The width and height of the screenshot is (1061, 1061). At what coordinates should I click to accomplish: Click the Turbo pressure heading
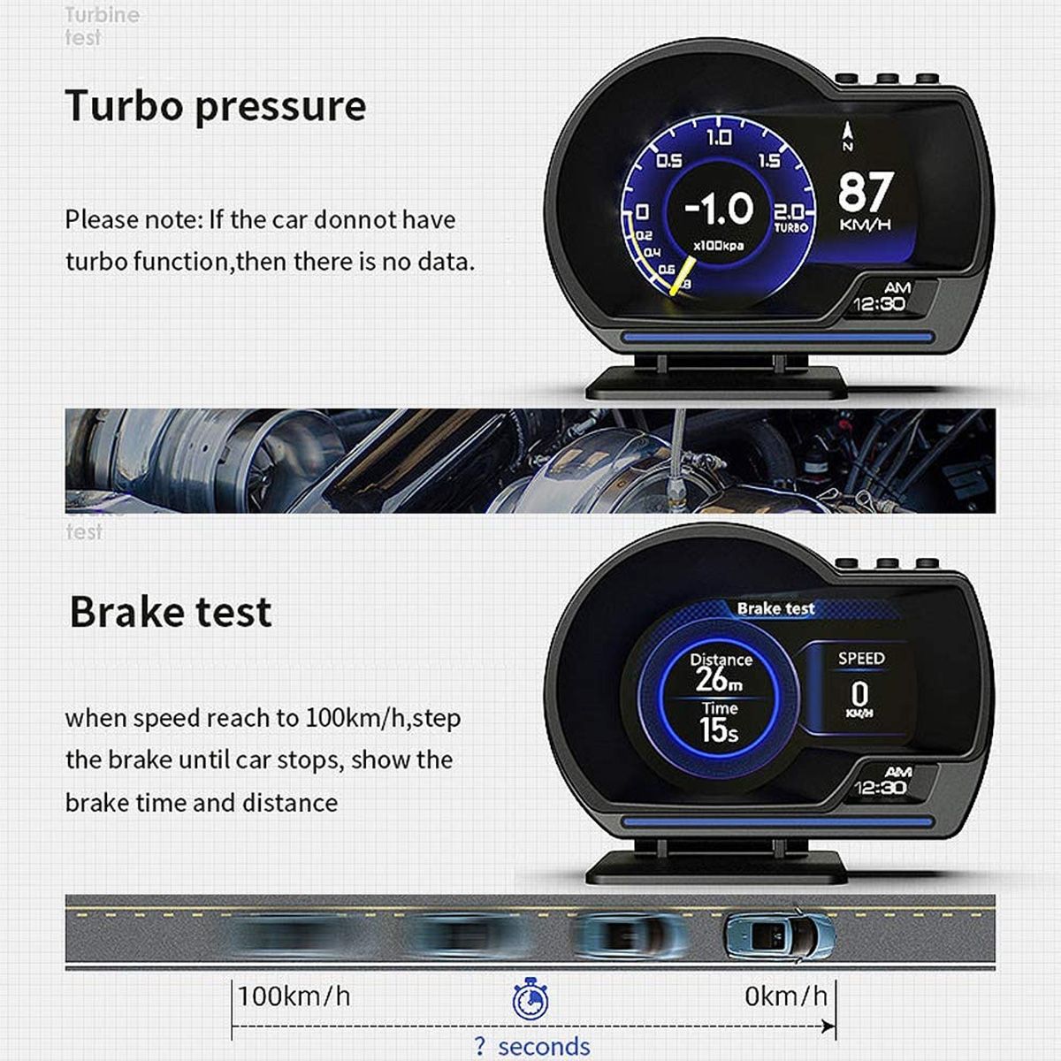click(215, 106)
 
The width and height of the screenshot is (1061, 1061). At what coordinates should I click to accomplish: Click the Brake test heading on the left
click(170, 612)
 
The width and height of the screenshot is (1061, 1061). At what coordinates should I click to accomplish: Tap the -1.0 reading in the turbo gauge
click(719, 209)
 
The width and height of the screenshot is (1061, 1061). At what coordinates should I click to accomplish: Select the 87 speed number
click(865, 191)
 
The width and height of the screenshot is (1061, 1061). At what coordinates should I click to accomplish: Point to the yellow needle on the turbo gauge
click(681, 279)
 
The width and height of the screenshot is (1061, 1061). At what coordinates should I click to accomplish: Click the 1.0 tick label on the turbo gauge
click(718, 137)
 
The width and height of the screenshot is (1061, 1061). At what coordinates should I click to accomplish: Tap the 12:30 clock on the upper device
click(879, 304)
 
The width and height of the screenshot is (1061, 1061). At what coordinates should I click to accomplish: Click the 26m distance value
click(718, 679)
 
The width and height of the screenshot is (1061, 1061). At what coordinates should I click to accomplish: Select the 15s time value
click(718, 730)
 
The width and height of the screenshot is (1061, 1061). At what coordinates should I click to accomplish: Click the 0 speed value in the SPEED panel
click(859, 693)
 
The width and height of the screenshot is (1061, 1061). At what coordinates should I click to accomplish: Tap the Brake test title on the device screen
click(775, 608)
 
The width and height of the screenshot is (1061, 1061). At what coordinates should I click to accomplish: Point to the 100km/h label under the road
click(294, 996)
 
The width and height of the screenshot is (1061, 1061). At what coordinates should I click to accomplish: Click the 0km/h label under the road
click(785, 996)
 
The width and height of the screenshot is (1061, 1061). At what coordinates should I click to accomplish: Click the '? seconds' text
click(532, 1047)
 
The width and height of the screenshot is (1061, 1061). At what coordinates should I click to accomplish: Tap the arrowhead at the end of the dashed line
click(828, 1027)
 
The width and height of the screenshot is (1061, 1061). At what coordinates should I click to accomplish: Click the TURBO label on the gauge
click(790, 227)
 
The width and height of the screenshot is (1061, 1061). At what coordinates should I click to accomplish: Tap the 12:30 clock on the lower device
click(879, 788)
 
